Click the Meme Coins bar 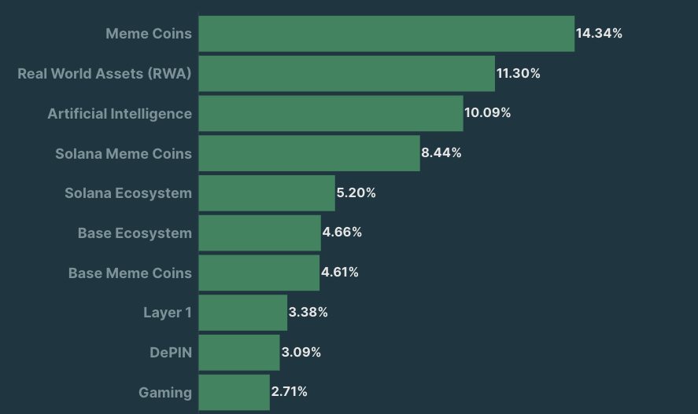[x=386, y=34]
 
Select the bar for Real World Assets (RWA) [x=346, y=74]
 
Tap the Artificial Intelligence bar [x=331, y=113]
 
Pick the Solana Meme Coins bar [x=308, y=153]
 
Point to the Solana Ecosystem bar [x=266, y=193]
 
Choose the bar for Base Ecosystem [x=259, y=233]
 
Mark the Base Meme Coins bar [x=258, y=273]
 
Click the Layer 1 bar [x=242, y=313]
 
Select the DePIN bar [x=238, y=352]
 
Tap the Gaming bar [x=234, y=392]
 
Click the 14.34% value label [x=599, y=33]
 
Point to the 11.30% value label [x=518, y=73]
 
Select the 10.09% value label [x=487, y=112]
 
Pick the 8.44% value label [x=441, y=152]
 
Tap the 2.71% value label [x=289, y=391]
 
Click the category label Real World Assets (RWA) [x=105, y=74]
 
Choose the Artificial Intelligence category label [x=120, y=114]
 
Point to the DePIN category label [x=171, y=353]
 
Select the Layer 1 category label [x=168, y=313]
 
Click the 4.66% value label [x=342, y=232]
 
